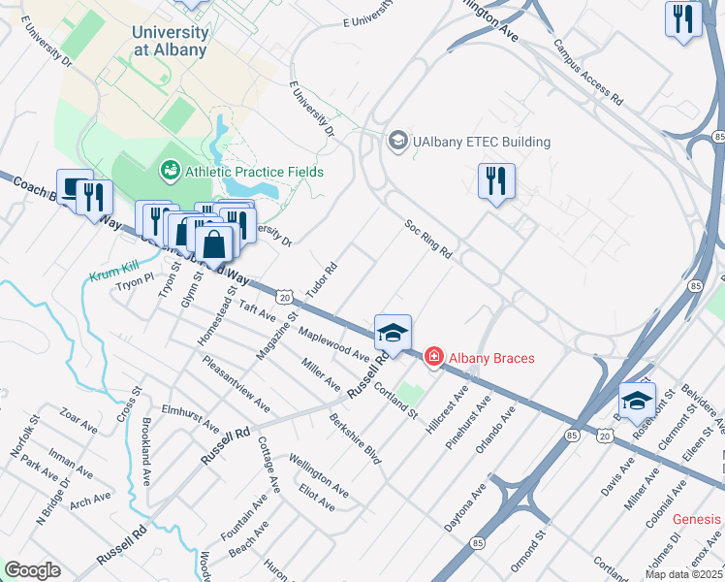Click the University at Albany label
pos(170,41)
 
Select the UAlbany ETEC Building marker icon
pos(397,142)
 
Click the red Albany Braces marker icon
pos(433,358)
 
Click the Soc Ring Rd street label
pos(427,238)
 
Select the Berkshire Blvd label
pos(354,439)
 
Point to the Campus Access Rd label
pos(588,73)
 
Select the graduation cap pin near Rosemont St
pos(637,400)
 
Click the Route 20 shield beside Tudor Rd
pos(284,295)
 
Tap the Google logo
pos(31,570)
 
